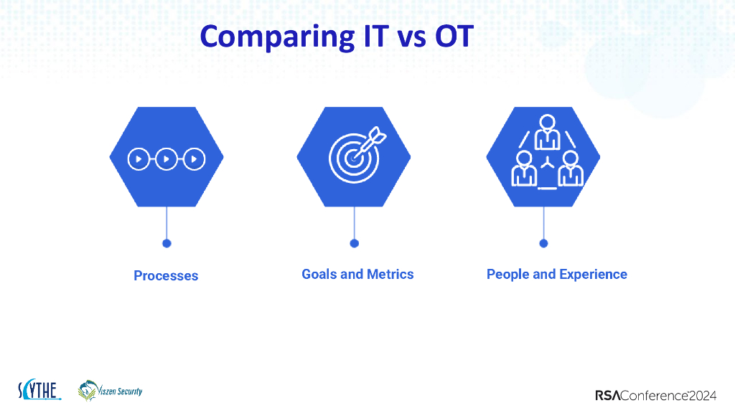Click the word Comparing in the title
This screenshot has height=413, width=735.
278,37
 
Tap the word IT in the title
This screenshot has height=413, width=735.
376,36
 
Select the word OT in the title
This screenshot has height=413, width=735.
454,36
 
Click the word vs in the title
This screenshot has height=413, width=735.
411,39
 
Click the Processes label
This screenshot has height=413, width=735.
166,275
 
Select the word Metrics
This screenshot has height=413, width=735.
390,274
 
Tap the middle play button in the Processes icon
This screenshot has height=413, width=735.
167,159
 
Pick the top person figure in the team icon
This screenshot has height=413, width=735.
547,132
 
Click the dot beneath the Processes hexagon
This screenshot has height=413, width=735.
167,244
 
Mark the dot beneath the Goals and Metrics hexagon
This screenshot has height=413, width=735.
355,244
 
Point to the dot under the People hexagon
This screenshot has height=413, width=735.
544,244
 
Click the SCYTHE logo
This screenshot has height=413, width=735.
39,389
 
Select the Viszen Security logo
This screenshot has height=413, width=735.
110,391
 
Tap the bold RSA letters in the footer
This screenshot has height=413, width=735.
608,396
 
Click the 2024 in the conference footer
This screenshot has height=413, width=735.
703,396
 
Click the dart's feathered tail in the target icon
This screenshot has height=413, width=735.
377,136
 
